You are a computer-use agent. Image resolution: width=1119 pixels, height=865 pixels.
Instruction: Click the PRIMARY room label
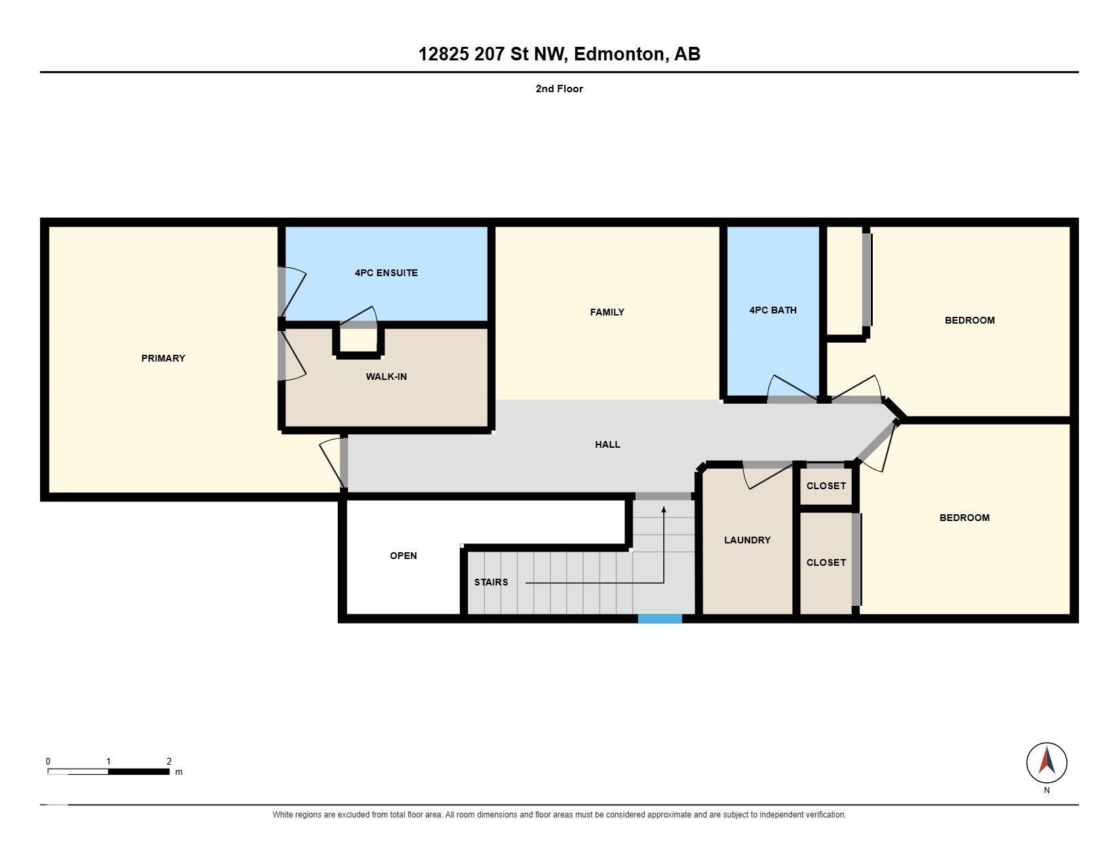[x=163, y=358]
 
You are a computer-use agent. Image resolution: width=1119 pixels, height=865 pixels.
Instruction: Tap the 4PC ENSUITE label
[x=386, y=273]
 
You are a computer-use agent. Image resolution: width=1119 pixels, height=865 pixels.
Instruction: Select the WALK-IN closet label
[x=386, y=377]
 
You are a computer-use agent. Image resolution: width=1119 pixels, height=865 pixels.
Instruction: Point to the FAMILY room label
[x=607, y=312]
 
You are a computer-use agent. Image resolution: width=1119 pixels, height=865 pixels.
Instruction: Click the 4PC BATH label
[x=773, y=310]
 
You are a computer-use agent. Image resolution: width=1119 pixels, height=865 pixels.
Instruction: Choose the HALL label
[x=608, y=444]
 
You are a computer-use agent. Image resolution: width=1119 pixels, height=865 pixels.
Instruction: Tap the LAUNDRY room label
[x=747, y=540]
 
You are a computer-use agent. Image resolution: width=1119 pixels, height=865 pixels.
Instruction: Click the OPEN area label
[x=404, y=556]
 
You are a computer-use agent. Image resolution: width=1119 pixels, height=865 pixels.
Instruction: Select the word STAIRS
[x=491, y=582]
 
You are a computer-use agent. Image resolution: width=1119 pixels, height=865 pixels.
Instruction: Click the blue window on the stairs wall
[x=660, y=619]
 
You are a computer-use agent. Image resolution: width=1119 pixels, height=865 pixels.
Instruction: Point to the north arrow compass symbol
[x=1046, y=763]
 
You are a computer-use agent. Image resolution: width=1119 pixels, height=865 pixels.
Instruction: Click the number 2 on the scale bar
[x=169, y=761]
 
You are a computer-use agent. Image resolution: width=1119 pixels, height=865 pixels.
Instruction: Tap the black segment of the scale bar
[x=138, y=772]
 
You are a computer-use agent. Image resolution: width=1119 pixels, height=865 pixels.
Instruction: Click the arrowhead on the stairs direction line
[x=664, y=510]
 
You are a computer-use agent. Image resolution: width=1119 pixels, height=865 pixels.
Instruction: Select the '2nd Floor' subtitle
[x=559, y=89]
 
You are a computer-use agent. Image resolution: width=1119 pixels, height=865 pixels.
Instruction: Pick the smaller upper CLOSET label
[x=826, y=486]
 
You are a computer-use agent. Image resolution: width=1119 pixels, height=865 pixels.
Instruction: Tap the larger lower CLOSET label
[x=826, y=562]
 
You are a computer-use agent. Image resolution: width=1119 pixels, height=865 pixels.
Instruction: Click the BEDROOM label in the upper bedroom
[x=970, y=320]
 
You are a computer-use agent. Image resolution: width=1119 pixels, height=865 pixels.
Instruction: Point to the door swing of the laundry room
[x=767, y=476]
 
